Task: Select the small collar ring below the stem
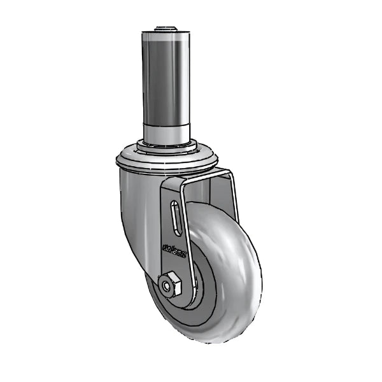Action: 167,148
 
